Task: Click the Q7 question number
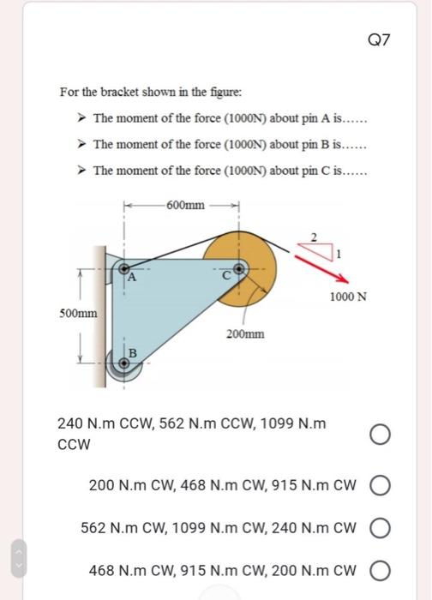(x=379, y=39)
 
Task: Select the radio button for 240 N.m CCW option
(x=381, y=435)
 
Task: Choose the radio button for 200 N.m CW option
(x=381, y=486)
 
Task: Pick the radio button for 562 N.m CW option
(x=381, y=528)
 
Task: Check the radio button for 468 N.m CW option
(x=381, y=571)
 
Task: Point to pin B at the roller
(x=124, y=363)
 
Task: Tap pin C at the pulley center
(x=239, y=268)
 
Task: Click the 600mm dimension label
(x=186, y=205)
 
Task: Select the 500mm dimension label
(x=79, y=314)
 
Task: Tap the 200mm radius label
(x=245, y=334)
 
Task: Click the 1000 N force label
(x=348, y=297)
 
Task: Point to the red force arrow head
(x=345, y=280)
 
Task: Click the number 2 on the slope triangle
(x=314, y=237)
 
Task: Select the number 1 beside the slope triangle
(x=338, y=254)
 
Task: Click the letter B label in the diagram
(x=133, y=353)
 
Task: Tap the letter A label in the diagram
(x=132, y=277)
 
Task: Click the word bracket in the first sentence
(x=119, y=93)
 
